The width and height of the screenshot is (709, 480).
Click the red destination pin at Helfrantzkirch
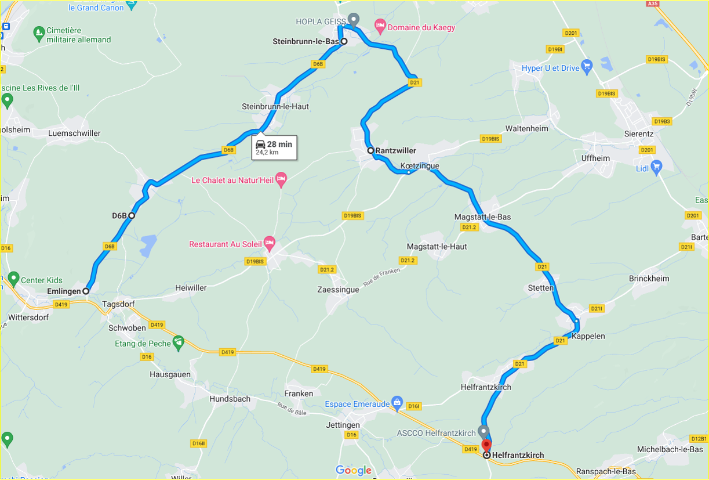(x=486, y=445)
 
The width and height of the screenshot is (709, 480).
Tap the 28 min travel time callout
(x=274, y=147)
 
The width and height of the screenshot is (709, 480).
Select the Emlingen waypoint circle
(x=86, y=291)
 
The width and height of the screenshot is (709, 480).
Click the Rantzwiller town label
(x=396, y=151)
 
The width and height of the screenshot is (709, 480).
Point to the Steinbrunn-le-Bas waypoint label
(x=306, y=41)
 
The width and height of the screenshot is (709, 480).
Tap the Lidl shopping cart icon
(x=656, y=168)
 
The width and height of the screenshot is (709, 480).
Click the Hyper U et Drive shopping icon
(x=587, y=67)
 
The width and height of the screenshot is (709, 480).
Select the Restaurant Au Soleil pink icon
(x=268, y=243)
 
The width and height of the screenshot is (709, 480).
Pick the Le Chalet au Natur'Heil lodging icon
(x=281, y=179)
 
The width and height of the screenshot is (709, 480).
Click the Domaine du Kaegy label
(x=421, y=27)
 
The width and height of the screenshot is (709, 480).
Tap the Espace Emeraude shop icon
(x=397, y=402)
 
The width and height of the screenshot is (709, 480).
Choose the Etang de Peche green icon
(x=179, y=342)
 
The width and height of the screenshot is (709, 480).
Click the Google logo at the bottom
(x=354, y=470)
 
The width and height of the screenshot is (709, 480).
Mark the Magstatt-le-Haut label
(x=437, y=247)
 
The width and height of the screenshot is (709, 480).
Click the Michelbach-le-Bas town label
(x=670, y=449)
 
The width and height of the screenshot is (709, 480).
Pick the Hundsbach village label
(x=230, y=399)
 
